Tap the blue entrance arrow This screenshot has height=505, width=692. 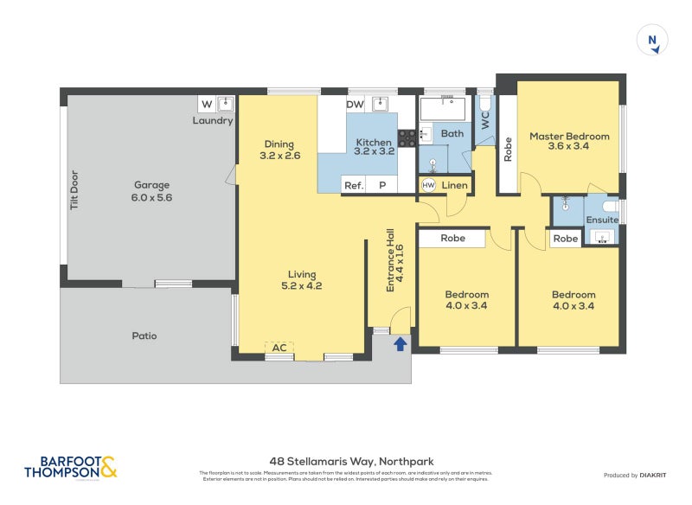click(x=400, y=344)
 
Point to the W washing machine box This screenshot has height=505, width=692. click(x=206, y=105)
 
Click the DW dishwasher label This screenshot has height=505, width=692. click(x=355, y=105)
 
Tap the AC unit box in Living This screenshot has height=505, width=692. click(x=279, y=348)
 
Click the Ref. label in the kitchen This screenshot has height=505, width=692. click(x=353, y=186)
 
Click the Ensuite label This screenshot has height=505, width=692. click(x=602, y=220)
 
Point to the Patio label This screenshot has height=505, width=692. click(x=144, y=336)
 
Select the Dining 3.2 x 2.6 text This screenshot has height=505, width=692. click(x=279, y=150)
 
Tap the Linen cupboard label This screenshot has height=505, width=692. click(x=455, y=186)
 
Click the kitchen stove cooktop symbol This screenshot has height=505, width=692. click(x=407, y=137)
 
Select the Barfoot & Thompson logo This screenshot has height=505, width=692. click(x=71, y=468)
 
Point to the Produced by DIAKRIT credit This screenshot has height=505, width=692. click(x=638, y=476)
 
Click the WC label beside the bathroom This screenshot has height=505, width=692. click(x=485, y=121)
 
